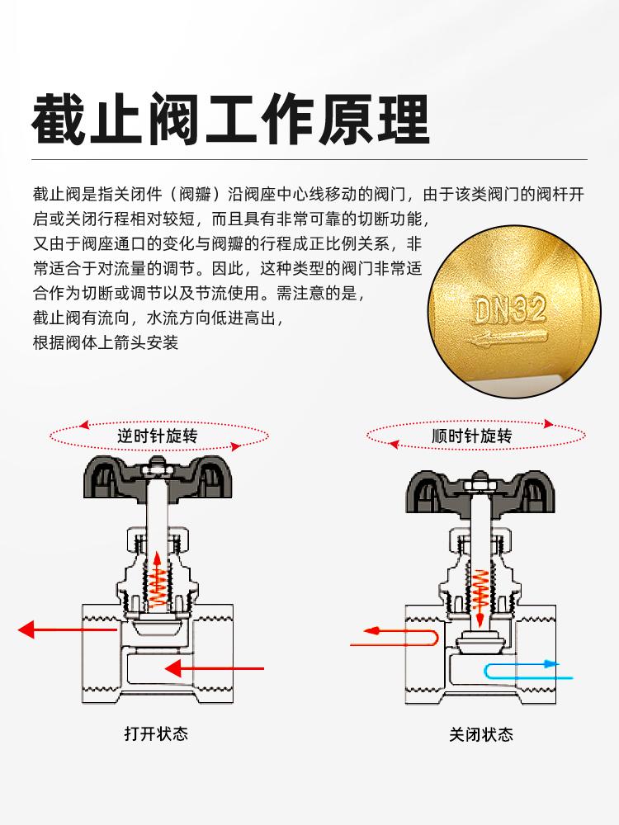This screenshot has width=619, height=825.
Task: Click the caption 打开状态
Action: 156,733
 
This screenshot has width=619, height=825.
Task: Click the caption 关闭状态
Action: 481,733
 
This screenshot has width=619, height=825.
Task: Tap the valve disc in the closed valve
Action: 480,639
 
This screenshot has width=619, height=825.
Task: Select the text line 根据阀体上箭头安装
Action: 105,342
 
